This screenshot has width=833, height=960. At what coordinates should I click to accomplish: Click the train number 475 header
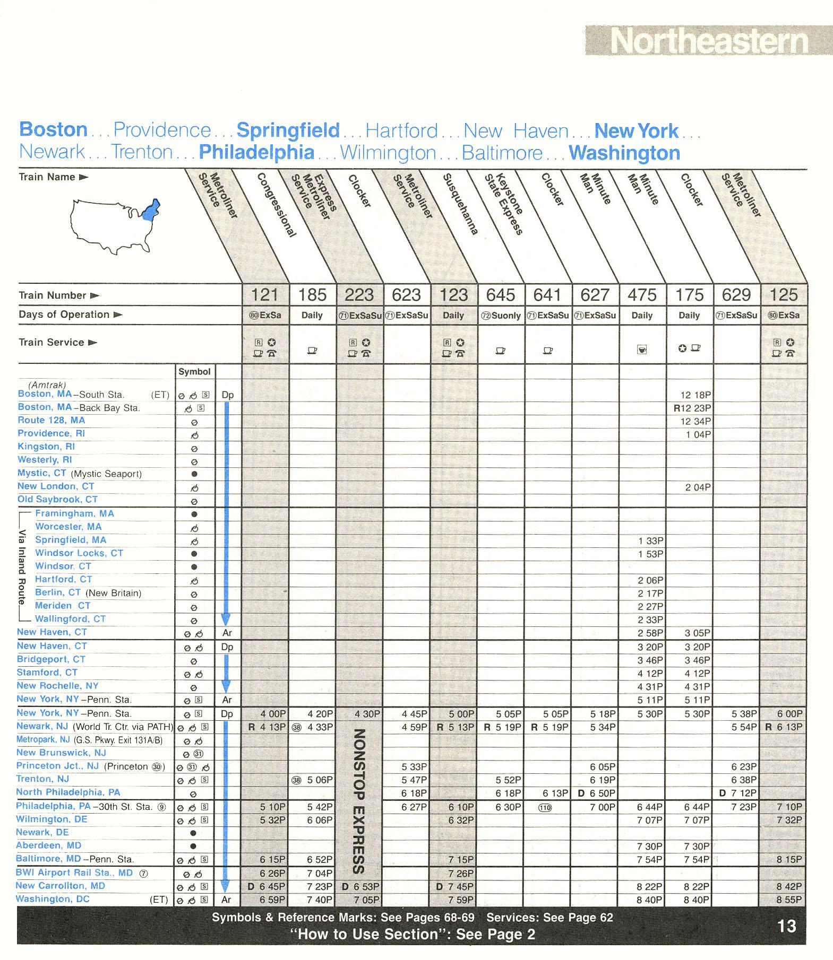(642, 295)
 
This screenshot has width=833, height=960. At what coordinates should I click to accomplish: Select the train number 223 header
(359, 295)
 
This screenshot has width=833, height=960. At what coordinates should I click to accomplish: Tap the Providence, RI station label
(51, 433)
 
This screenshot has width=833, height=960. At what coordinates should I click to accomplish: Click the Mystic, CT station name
(42, 473)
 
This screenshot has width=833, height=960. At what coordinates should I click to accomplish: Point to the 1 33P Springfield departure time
(650, 541)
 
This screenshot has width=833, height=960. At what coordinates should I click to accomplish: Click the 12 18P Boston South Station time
(695, 395)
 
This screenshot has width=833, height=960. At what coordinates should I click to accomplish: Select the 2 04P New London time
(698, 487)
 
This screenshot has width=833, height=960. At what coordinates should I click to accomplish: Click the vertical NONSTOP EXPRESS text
(359, 801)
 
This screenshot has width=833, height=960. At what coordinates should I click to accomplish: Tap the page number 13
(787, 926)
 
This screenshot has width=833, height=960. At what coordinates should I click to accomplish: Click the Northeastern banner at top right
(708, 40)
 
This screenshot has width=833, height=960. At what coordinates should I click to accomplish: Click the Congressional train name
(276, 205)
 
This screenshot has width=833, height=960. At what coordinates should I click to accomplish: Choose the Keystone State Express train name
(504, 204)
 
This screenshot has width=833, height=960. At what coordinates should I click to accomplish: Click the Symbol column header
(194, 372)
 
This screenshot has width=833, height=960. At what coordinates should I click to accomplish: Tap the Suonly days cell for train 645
(501, 316)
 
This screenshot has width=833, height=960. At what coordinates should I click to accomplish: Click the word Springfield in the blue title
(288, 130)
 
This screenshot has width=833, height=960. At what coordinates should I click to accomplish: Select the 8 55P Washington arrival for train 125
(789, 900)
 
